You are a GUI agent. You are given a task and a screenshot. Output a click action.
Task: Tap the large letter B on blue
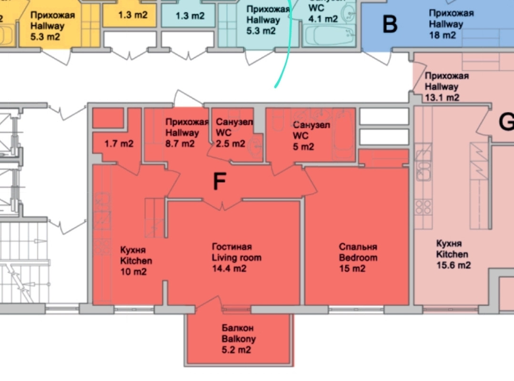(x=390, y=24)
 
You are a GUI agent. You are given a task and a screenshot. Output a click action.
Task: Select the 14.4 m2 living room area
(x=229, y=269)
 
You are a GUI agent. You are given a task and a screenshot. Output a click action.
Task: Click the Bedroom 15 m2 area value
(x=352, y=269)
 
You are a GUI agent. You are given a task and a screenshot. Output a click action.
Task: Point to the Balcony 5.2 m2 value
(x=238, y=350)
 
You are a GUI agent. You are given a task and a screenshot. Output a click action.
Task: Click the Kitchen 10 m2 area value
(x=133, y=272)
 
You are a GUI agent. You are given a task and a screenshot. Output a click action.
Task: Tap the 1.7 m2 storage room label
(x=119, y=143)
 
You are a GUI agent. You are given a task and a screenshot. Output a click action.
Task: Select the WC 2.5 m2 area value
(x=231, y=143)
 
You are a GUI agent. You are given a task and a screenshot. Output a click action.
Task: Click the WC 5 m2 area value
(x=303, y=147)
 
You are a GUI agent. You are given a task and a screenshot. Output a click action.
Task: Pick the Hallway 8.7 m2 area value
(x=180, y=143)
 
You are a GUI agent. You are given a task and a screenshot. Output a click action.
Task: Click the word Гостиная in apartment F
(x=232, y=247)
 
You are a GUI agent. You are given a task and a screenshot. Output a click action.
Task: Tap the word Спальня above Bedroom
(x=358, y=247)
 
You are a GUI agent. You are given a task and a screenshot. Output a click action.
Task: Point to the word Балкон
(x=237, y=328)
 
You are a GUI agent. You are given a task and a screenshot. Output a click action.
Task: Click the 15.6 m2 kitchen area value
(x=454, y=265)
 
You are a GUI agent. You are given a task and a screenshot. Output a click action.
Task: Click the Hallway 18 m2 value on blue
(x=442, y=35)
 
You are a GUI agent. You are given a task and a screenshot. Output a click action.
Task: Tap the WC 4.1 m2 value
(x=323, y=19)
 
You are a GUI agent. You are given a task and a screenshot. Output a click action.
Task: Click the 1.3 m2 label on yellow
(x=132, y=15)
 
